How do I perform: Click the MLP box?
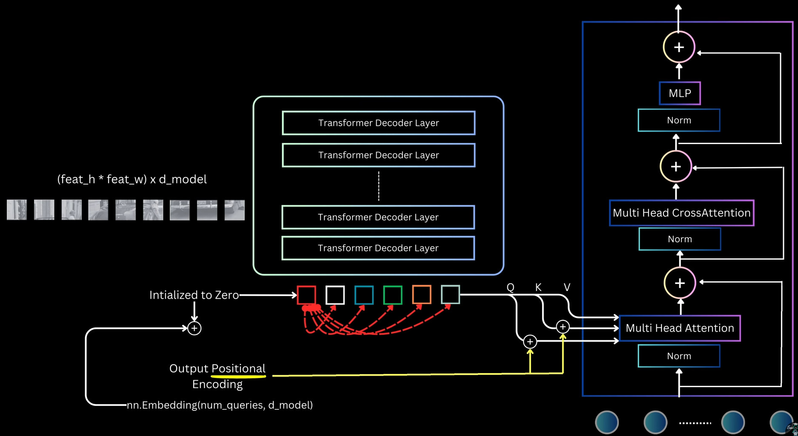(x=680, y=93)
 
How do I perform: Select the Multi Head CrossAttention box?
(x=681, y=213)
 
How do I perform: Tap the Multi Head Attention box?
(x=680, y=328)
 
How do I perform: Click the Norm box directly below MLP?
(x=679, y=120)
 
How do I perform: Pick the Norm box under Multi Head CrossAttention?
(x=680, y=239)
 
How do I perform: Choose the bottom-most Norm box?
(x=679, y=356)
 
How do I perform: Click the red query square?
(x=306, y=295)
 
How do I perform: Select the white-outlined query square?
(x=335, y=295)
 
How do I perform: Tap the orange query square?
(x=421, y=295)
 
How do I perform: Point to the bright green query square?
(x=392, y=295)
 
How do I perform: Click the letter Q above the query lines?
(x=510, y=288)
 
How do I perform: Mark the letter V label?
(x=566, y=288)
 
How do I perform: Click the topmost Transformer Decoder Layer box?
(x=378, y=123)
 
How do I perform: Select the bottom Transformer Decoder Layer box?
(x=378, y=248)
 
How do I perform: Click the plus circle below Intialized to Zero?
(x=194, y=328)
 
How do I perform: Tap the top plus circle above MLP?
(x=679, y=47)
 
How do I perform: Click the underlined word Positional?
(x=238, y=368)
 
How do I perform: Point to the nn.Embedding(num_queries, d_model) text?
(x=220, y=405)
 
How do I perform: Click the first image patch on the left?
(x=17, y=210)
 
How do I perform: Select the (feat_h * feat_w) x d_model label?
(x=132, y=179)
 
